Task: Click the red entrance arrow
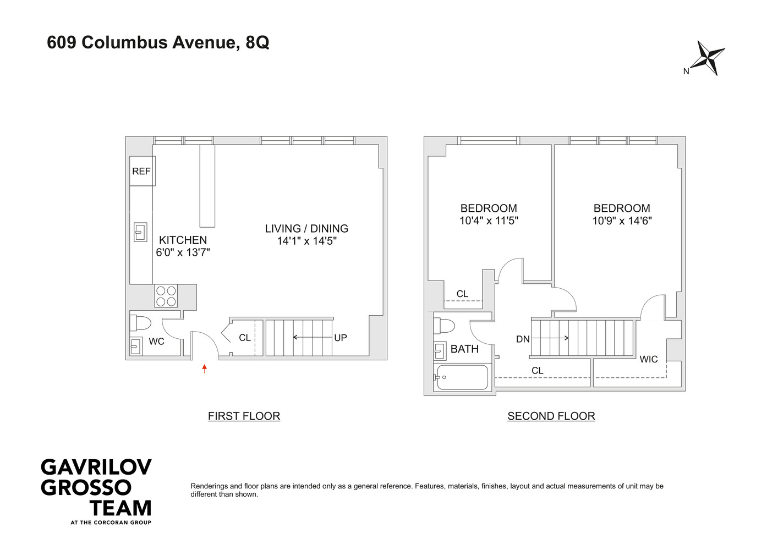[205, 369]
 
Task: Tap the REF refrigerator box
[142, 171]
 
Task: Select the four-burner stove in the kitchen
[166, 296]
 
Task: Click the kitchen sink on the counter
[141, 232]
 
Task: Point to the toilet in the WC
[140, 323]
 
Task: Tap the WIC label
[649, 359]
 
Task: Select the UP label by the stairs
[341, 338]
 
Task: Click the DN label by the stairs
[523, 339]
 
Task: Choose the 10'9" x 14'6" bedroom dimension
[622, 221]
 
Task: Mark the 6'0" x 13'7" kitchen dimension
[183, 252]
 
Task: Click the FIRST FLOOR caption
[244, 416]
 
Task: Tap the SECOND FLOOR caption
[551, 416]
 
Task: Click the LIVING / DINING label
[306, 228]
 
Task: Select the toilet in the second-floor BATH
[444, 327]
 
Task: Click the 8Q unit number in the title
[257, 43]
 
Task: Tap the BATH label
[464, 349]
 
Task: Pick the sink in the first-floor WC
[135, 346]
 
